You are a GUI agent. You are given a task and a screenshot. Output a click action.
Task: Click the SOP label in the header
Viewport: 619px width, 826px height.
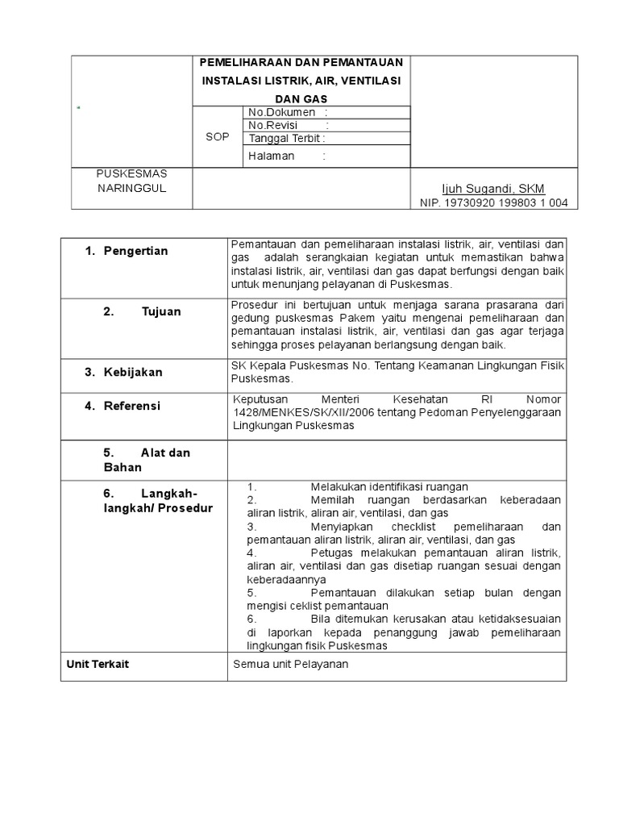point(217,137)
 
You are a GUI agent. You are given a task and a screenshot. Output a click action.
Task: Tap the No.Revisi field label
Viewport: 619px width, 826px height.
point(273,125)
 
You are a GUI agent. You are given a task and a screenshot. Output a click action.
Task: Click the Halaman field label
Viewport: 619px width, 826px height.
point(272,156)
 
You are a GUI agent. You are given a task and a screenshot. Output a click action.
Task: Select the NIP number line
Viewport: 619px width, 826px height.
point(493,202)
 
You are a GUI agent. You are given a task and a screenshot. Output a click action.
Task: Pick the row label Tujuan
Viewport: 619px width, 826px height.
point(161,311)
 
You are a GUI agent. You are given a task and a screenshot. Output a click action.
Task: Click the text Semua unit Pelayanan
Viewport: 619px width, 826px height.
point(291,664)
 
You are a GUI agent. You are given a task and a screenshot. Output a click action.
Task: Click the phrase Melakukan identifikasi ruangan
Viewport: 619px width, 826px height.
point(388,486)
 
